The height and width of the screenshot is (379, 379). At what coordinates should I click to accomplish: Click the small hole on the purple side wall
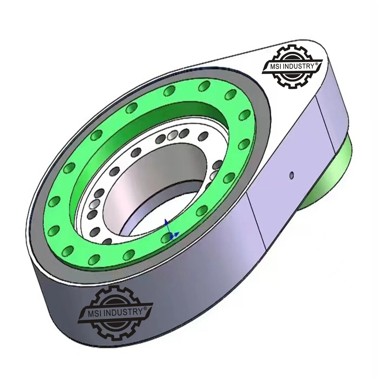(292, 174)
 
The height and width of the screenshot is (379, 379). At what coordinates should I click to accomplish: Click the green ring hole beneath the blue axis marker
(165, 238)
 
